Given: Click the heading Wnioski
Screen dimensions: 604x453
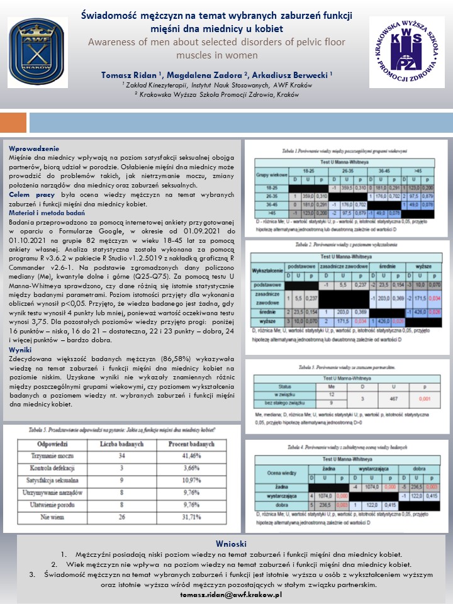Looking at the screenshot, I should (226, 543).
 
